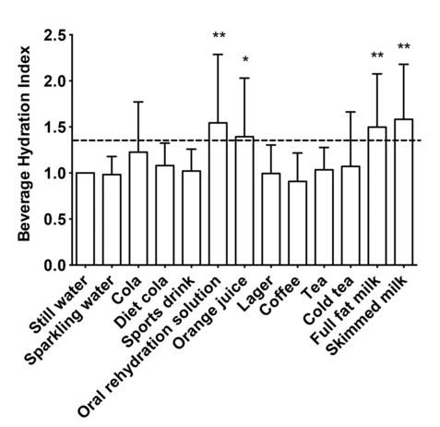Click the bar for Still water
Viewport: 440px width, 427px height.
click(86, 219)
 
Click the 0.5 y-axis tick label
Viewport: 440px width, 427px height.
click(54, 219)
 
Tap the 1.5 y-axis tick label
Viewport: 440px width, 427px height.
click(54, 128)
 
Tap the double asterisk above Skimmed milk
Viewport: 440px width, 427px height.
click(403, 47)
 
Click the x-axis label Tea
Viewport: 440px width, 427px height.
click(315, 283)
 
